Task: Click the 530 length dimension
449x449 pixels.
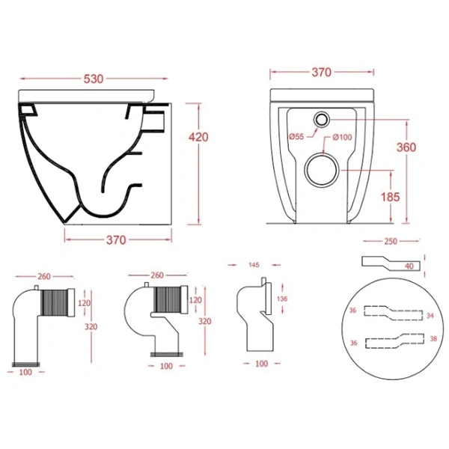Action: pos(94,79)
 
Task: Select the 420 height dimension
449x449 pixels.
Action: pos(198,138)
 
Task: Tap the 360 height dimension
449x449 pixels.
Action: pos(406,147)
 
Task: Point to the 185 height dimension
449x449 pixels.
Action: pos(390,197)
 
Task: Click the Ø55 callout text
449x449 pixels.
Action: pos(296,137)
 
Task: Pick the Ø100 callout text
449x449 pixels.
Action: pos(342,138)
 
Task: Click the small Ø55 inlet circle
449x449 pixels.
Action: pos(322,119)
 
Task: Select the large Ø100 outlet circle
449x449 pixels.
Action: pos(322,170)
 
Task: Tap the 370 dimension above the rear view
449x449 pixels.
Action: pos(322,73)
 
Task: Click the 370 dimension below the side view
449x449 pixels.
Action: pos(116,240)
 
